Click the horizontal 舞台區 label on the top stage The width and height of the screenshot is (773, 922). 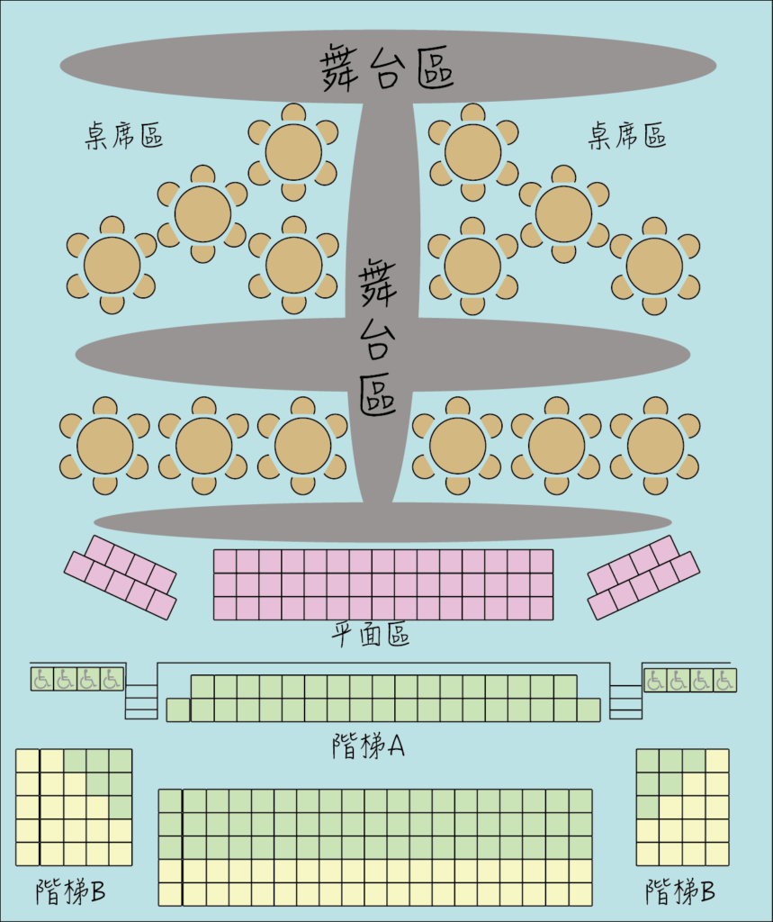(387, 67)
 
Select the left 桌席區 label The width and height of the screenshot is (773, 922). (124, 135)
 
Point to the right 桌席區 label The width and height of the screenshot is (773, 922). (627, 135)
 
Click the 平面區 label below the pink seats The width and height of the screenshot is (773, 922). (370, 635)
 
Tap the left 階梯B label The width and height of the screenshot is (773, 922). (70, 891)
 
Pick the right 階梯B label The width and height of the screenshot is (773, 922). (680, 891)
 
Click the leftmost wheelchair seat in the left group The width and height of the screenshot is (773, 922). (41, 679)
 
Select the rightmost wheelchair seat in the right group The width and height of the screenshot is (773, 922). (724, 681)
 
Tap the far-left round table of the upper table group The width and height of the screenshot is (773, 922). (112, 266)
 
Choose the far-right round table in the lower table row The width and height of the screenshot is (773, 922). (655, 446)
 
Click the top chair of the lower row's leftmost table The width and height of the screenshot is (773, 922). (105, 407)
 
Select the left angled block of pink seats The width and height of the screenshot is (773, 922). (120, 577)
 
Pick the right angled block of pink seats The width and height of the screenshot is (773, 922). (643, 577)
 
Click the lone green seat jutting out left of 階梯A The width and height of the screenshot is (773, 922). (178, 710)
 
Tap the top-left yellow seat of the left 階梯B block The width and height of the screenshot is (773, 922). (28, 761)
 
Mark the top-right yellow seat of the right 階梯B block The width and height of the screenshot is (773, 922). (717, 761)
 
